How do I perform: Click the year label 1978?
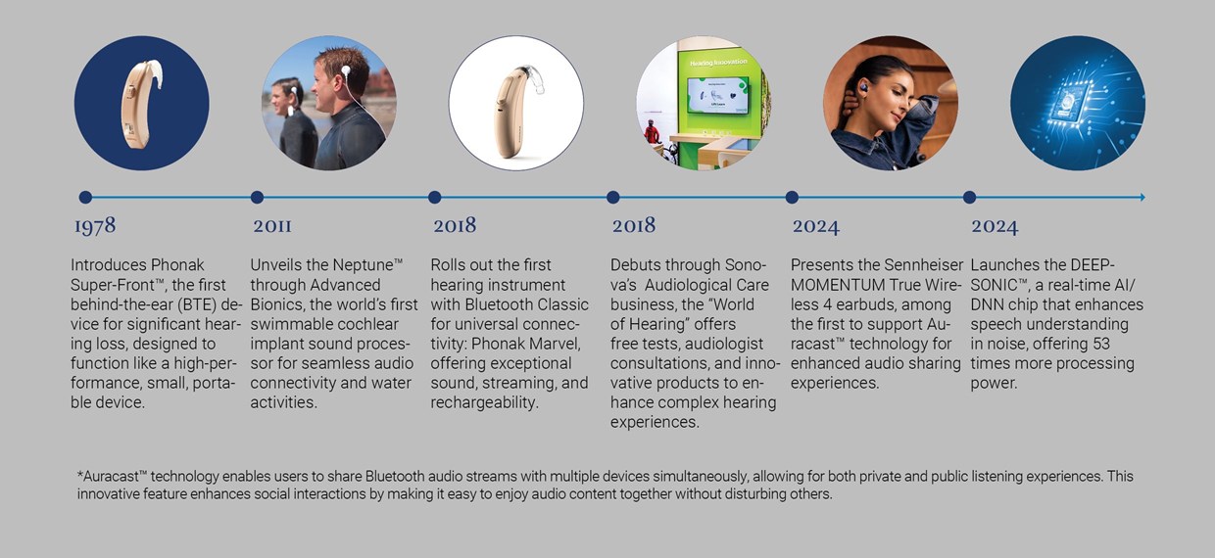pyautogui.click(x=95, y=226)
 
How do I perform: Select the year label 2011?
pyautogui.click(x=272, y=225)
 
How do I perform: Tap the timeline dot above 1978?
pyautogui.click(x=85, y=197)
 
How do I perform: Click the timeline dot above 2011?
pyautogui.click(x=257, y=197)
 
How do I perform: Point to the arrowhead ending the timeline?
pyautogui.click(x=1142, y=197)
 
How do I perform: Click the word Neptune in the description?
pyautogui.click(x=363, y=265)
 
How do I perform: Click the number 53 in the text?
pyautogui.click(x=1101, y=344)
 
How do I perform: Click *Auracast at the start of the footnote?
pyautogui.click(x=112, y=476)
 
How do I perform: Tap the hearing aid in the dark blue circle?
pyautogui.click(x=139, y=103)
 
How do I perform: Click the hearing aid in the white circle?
pyautogui.click(x=519, y=110)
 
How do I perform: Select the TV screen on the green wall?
pyautogui.click(x=717, y=94)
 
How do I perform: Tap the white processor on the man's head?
pyautogui.click(x=345, y=70)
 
